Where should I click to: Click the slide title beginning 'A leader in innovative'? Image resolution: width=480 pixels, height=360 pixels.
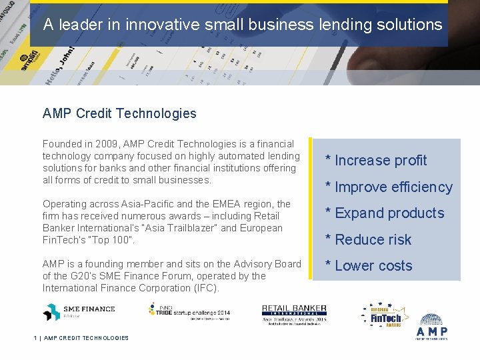(x=243, y=25)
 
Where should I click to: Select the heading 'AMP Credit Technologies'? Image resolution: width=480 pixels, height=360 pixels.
(x=119, y=113)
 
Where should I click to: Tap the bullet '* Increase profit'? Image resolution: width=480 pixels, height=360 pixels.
(x=376, y=161)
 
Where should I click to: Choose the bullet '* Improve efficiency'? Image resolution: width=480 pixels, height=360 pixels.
(x=389, y=187)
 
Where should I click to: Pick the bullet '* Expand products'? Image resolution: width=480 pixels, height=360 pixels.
(x=385, y=213)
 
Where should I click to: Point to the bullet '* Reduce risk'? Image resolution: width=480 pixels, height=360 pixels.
(x=368, y=240)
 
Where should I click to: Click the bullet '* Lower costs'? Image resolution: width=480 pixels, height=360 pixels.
(x=369, y=266)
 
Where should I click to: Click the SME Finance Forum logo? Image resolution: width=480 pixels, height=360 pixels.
(x=79, y=311)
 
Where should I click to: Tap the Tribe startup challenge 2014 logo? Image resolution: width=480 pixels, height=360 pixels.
(x=189, y=311)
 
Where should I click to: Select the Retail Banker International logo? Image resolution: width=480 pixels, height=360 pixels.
(x=294, y=315)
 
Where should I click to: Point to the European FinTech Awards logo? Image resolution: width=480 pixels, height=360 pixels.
(x=386, y=317)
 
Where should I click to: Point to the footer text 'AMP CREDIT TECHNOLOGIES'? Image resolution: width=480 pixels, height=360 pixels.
(x=86, y=338)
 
